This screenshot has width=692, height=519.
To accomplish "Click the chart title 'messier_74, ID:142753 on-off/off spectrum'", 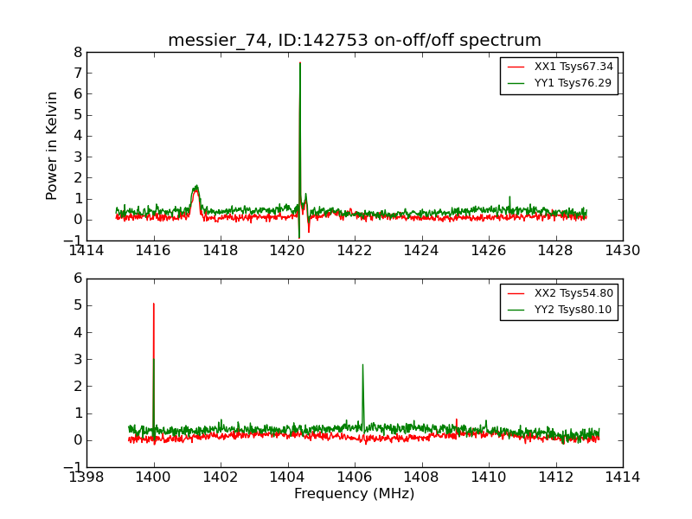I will pos(355,41).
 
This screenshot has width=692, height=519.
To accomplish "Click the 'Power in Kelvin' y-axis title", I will pos(53,145).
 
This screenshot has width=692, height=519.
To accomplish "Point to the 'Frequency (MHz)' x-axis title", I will pos(355,494).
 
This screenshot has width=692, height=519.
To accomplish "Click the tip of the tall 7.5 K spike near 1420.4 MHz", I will pos(300,63).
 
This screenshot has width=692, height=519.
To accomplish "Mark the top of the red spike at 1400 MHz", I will pos(154,304).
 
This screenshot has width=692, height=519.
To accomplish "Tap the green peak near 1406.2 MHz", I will pos(362,365).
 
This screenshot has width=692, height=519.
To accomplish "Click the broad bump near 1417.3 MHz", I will pos(196,187).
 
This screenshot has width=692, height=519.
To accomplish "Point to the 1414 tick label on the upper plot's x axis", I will pos(86,251).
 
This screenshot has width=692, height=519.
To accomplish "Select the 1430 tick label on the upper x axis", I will pos(623,251).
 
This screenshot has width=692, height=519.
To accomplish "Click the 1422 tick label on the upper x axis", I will pos(355,251).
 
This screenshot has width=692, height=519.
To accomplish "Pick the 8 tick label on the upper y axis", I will pos(78,52).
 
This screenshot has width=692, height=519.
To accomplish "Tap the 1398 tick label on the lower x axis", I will pos(86,477).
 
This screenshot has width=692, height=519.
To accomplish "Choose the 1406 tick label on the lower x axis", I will pos(355,477).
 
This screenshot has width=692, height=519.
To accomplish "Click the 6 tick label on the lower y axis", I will pos(78,279).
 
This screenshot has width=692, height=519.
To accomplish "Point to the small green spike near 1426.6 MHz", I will pos(509,197).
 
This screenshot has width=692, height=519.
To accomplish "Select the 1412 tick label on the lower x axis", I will pos(555,477).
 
